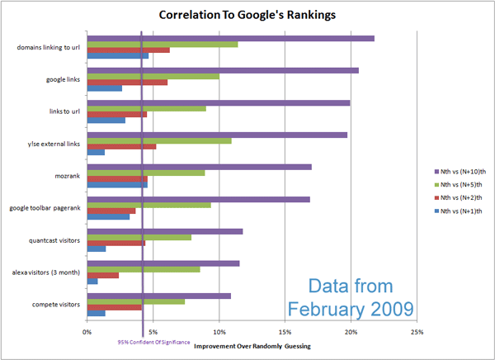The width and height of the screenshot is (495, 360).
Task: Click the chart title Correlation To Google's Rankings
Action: [247, 15]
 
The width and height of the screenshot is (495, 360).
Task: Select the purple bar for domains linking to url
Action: [231, 38]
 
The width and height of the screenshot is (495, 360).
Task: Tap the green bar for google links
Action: [153, 76]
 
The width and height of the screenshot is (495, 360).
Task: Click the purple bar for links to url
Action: [219, 102]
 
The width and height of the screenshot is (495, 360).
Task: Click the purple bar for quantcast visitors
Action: [165, 230]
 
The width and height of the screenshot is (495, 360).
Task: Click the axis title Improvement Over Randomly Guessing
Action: [252, 346]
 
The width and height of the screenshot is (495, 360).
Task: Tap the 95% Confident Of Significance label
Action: [153, 341]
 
